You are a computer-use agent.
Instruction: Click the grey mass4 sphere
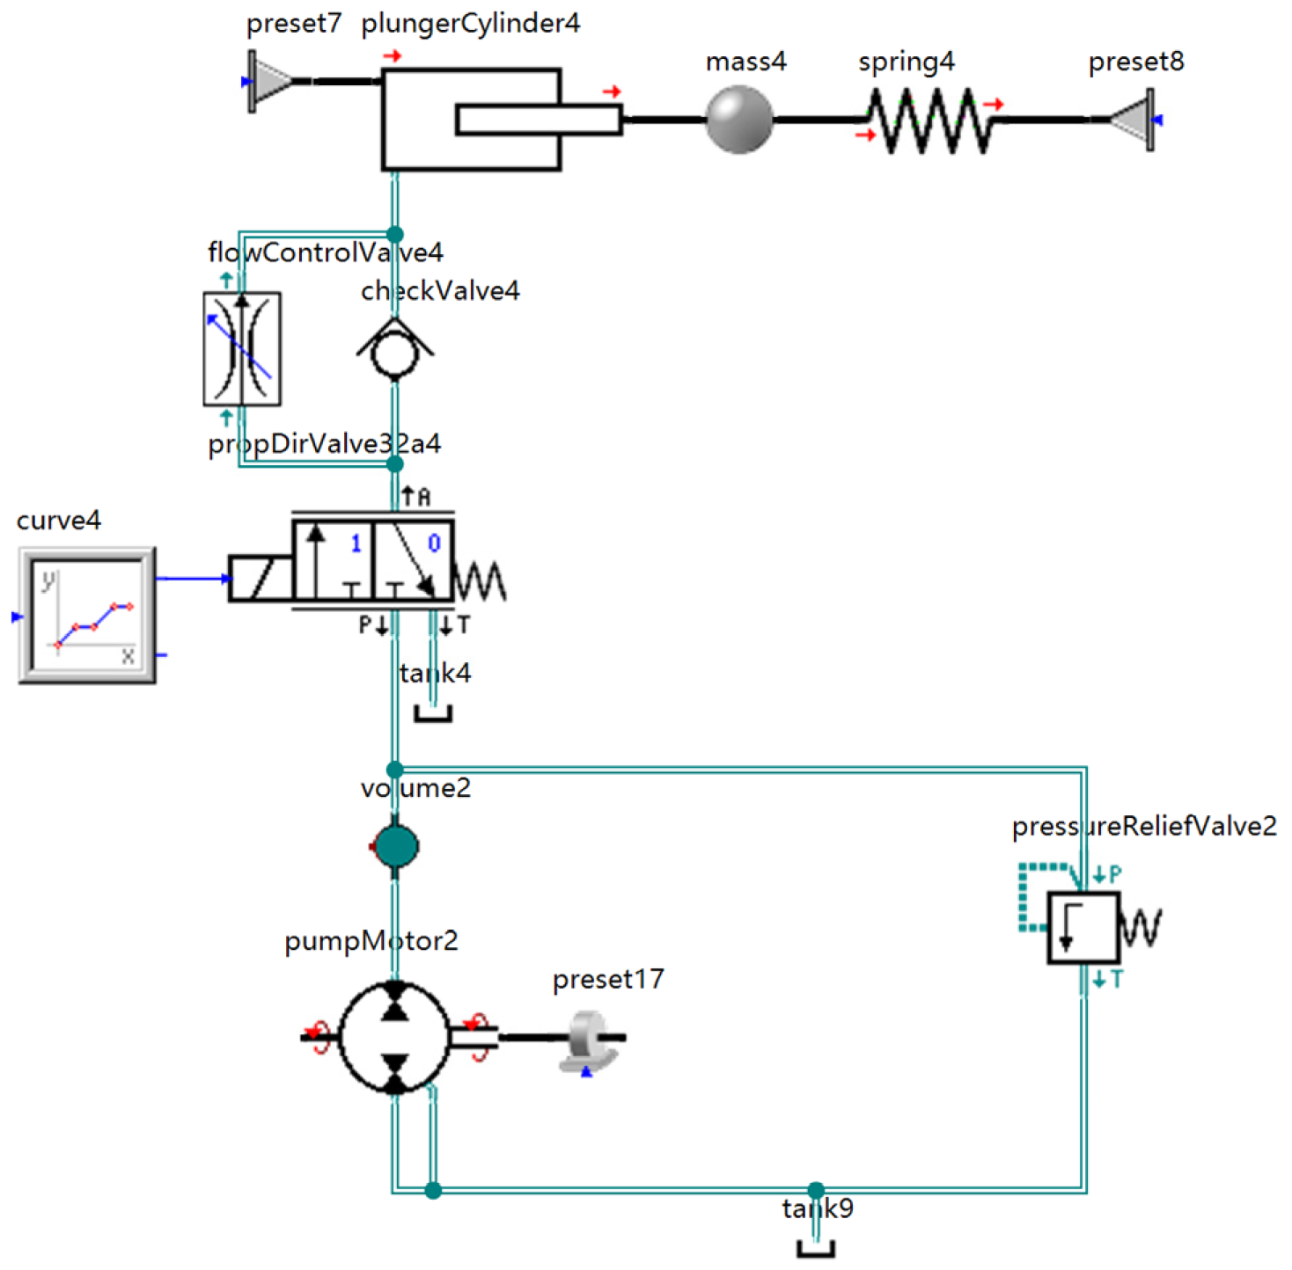point(739,120)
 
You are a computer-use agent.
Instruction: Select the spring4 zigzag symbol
point(929,120)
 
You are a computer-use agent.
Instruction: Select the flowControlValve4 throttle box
point(242,348)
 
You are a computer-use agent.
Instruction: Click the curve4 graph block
point(87,615)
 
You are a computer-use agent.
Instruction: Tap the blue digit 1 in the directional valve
point(356,544)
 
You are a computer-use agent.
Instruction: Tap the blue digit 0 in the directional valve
point(434,544)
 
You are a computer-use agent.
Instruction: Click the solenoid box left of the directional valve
point(260,578)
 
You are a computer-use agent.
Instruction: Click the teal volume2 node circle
point(395,846)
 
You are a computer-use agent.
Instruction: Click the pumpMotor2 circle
point(394,1038)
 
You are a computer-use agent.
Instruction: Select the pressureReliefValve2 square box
point(1083,928)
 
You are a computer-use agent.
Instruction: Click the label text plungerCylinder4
point(471,24)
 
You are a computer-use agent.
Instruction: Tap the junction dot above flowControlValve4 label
point(395,234)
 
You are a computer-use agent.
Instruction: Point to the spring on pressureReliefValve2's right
point(1142,928)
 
